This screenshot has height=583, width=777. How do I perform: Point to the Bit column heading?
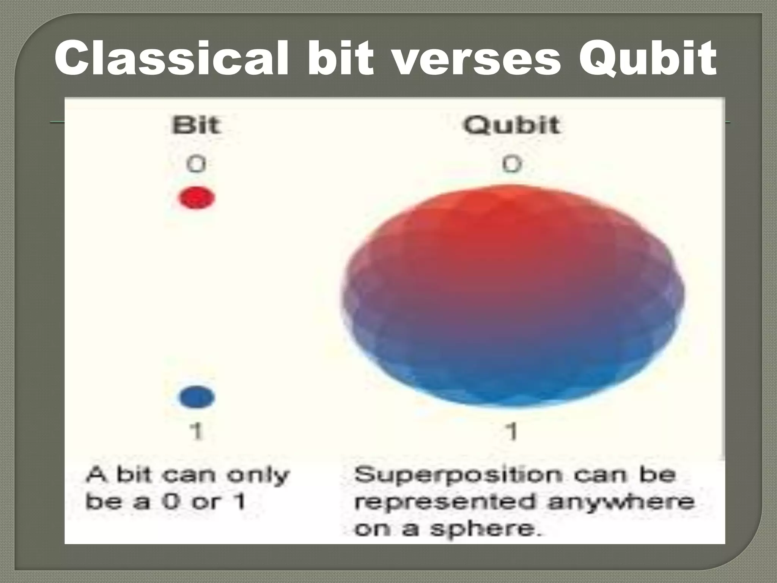pos(196,125)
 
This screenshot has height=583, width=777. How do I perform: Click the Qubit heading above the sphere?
pos(511,125)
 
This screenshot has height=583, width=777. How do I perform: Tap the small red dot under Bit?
pos(197,198)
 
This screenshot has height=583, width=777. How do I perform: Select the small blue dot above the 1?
pos(197,397)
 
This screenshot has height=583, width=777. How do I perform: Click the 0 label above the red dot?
pos(196,164)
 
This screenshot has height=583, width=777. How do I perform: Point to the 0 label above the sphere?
pos(512,164)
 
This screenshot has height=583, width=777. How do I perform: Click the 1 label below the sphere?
pos(513,432)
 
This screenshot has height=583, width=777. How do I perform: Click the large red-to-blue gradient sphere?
pos(512,296)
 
